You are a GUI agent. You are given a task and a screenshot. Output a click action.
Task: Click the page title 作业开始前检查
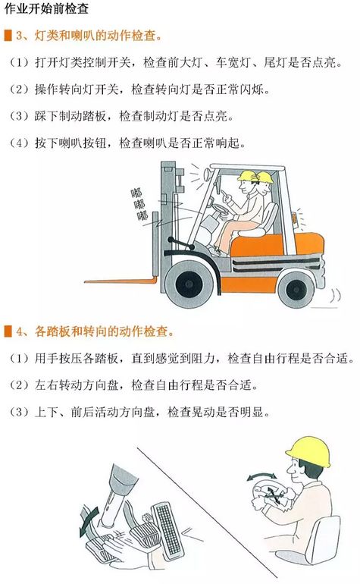coord(46,8)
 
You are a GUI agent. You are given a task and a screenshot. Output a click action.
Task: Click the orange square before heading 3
coord(8,36)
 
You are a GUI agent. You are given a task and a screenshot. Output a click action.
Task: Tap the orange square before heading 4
coord(8,331)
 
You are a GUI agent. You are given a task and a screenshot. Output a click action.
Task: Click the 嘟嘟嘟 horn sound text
coord(139,205)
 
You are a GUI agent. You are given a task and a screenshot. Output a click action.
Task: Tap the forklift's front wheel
coord(189,284)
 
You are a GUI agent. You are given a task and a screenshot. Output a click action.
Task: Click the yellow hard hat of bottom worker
coord(308,451)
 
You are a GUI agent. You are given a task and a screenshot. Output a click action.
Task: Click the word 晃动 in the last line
coord(203,412)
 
